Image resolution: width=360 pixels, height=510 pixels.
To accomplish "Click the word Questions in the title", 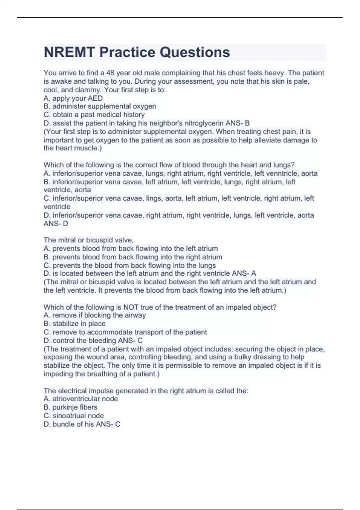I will (195, 52).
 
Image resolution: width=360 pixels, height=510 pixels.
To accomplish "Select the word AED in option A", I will (95, 98).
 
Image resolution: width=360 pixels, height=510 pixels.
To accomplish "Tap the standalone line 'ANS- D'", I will (56, 223).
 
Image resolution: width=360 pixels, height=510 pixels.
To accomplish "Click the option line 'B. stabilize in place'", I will (74, 324).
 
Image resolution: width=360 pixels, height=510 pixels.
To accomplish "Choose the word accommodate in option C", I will (109, 332).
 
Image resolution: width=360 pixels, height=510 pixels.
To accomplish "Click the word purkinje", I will (65, 407).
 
